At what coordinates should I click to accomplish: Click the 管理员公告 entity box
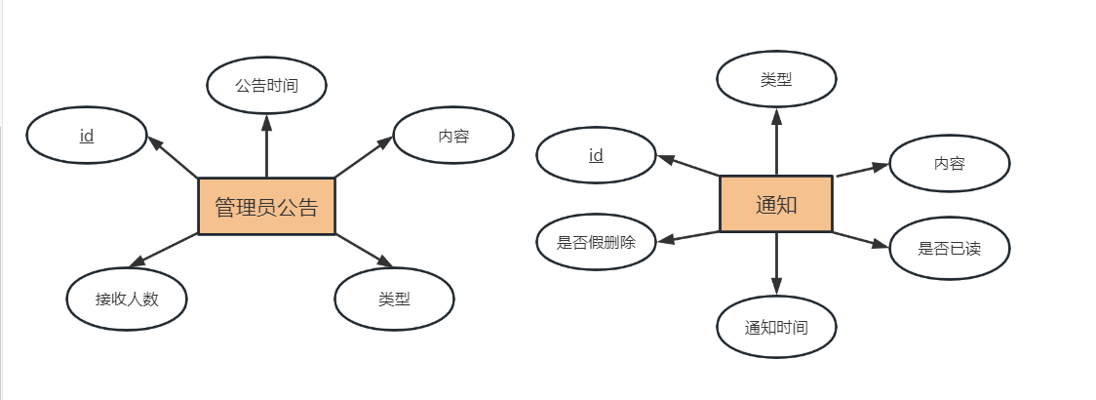[266, 207]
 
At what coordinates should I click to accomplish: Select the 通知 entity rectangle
[776, 204]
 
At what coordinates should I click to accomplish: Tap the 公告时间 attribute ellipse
[266, 85]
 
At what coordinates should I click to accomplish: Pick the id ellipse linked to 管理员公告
[86, 137]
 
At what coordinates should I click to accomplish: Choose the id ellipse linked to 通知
[596, 155]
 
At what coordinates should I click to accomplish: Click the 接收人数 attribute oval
[127, 299]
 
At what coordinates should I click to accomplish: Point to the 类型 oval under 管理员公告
[394, 299]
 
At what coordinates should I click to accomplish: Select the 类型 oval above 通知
[776, 80]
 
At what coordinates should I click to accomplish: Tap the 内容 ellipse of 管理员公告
[453, 137]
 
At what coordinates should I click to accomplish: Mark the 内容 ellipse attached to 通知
[949, 163]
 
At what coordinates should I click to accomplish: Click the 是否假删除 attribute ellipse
[596, 242]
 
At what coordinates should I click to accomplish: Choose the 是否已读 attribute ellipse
[949, 248]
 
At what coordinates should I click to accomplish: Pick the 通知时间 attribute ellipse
[776, 327]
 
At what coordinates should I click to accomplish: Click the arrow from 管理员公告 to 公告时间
[266, 146]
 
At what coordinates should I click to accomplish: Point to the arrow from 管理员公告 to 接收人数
[164, 251]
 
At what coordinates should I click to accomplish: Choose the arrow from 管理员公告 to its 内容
[363, 158]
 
